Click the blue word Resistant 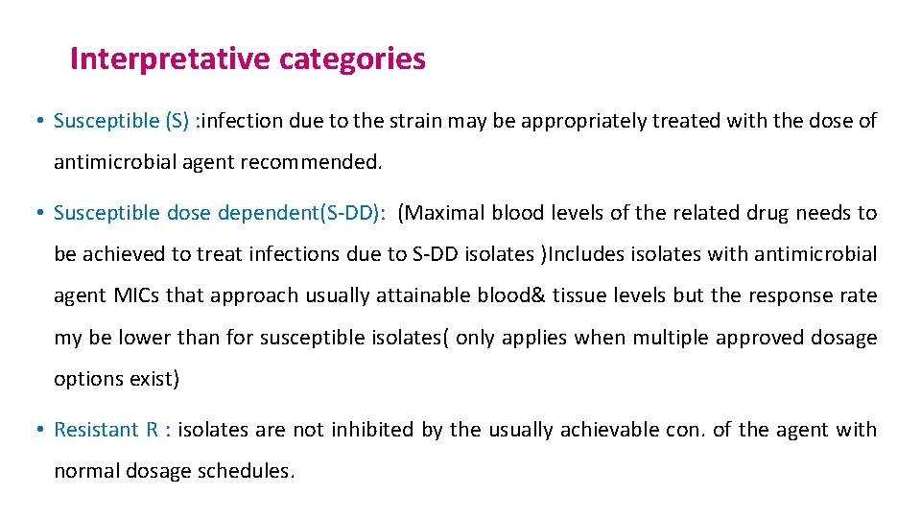click(96, 430)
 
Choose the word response click(784, 295)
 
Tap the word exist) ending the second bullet click(154, 379)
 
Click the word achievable click(608, 430)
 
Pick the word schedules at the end click(254, 471)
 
